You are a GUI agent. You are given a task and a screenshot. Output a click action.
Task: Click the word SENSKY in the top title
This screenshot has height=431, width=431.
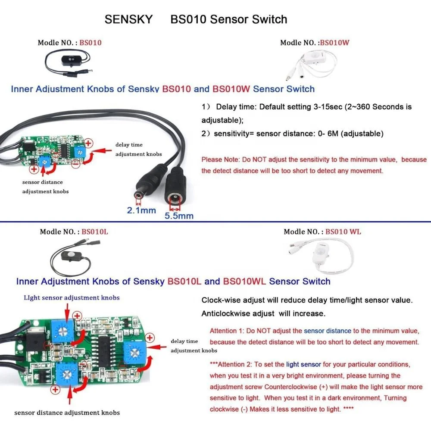coord(128,19)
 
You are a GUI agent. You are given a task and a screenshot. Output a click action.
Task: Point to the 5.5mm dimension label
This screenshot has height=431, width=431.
coord(179,215)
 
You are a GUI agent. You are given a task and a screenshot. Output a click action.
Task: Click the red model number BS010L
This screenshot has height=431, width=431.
coord(95,231)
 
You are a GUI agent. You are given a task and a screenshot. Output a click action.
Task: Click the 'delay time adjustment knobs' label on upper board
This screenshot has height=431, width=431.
coord(138,149)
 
